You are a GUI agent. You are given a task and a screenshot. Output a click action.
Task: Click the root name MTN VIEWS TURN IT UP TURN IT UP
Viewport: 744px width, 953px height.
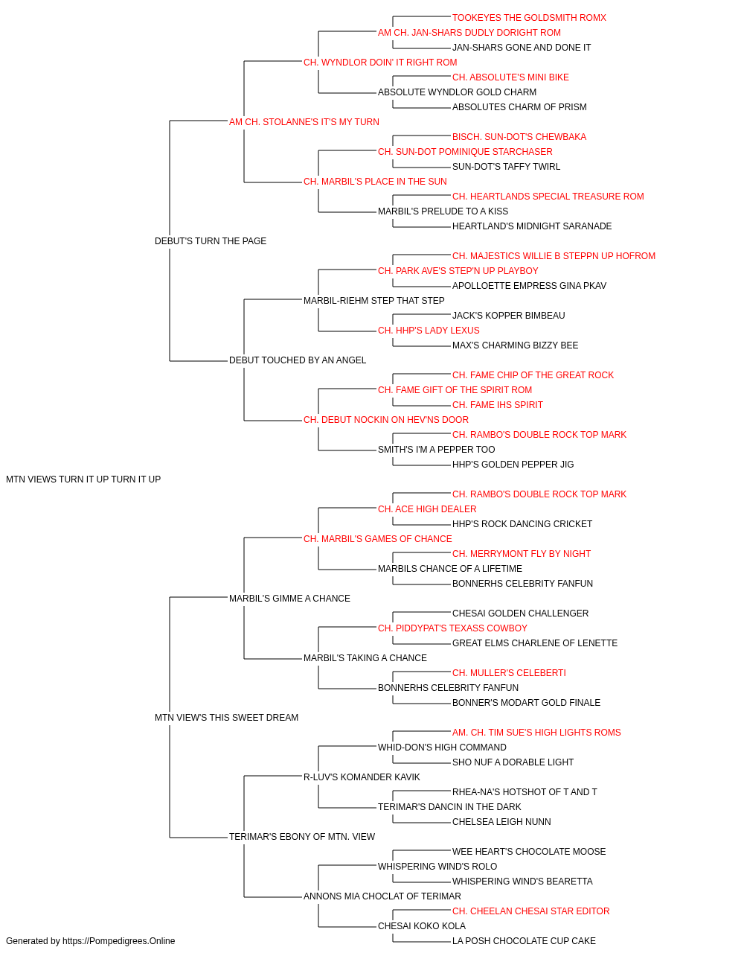(83, 479)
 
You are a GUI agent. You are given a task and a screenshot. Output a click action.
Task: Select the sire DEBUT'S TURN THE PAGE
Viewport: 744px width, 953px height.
(211, 241)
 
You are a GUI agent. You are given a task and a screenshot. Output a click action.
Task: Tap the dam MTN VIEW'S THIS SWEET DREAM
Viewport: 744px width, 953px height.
(226, 718)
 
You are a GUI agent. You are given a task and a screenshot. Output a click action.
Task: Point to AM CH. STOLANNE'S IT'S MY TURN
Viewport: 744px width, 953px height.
(304, 122)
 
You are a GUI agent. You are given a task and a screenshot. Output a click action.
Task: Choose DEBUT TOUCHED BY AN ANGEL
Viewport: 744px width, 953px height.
(298, 360)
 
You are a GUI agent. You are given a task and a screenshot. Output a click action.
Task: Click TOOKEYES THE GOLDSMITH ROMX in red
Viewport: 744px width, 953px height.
(529, 18)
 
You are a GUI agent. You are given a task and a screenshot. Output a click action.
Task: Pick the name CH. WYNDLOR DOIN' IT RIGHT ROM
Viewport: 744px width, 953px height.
(380, 63)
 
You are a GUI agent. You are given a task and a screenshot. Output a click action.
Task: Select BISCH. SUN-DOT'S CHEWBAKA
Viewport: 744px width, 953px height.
(519, 137)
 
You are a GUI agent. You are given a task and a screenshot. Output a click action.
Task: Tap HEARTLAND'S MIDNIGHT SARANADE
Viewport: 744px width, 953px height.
(532, 226)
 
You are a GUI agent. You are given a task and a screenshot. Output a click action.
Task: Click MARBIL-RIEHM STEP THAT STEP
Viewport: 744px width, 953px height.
(374, 300)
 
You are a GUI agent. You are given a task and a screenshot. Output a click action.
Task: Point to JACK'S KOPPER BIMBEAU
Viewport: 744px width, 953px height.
(509, 316)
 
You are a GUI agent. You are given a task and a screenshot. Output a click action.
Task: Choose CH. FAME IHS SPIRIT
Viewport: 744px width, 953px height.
(497, 405)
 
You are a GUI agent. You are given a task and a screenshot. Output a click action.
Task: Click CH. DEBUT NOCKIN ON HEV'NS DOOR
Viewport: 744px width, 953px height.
(386, 420)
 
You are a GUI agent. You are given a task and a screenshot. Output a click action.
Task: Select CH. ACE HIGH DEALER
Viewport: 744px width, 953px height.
(427, 509)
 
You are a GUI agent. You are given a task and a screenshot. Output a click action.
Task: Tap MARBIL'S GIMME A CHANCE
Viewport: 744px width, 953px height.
(289, 599)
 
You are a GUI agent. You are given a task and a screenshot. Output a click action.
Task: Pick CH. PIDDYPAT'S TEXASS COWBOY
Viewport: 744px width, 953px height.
(452, 628)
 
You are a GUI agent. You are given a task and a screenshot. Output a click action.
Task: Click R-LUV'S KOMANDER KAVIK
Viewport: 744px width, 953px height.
(362, 777)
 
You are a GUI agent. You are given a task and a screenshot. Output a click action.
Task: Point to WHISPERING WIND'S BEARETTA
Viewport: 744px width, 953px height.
(522, 882)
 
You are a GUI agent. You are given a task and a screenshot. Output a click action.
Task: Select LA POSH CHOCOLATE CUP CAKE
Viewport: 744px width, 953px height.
(524, 941)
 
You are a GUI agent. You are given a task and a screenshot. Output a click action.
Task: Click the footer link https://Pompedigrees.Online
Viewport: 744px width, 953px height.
(119, 941)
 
